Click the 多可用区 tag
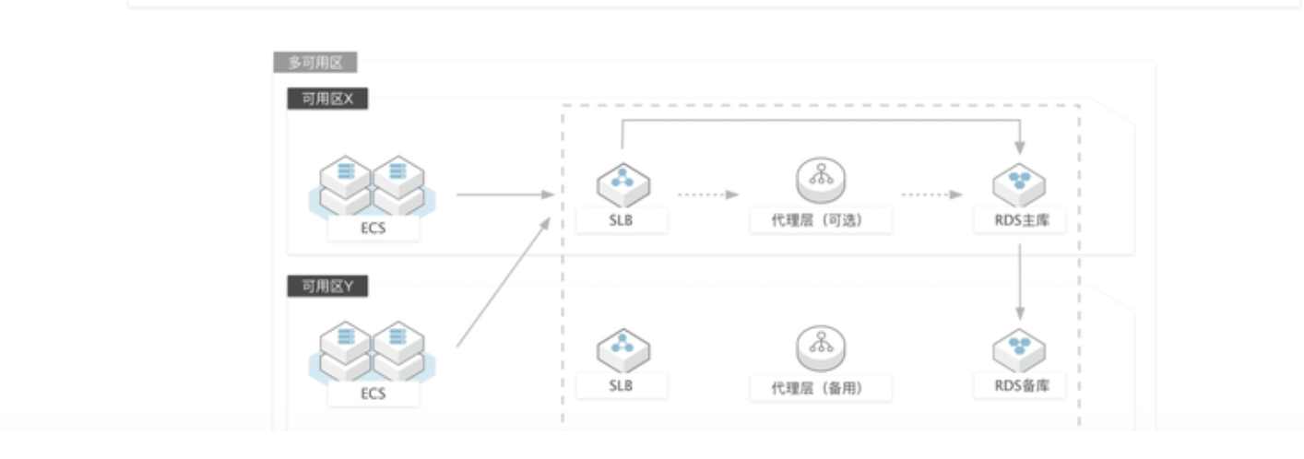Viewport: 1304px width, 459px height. pyautogui.click(x=315, y=64)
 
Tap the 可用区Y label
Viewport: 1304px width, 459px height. pyautogui.click(x=327, y=287)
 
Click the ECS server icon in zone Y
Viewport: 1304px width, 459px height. pyautogui.click(x=373, y=350)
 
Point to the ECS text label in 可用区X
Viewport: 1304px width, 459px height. pyautogui.click(x=373, y=229)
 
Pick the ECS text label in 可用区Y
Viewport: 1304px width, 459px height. pyautogui.click(x=373, y=394)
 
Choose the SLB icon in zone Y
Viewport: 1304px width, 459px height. pyautogui.click(x=622, y=349)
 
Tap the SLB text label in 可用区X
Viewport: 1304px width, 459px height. pyautogui.click(x=622, y=220)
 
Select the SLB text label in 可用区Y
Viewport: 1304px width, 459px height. pyautogui.click(x=622, y=386)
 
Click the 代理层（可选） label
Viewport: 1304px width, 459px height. pyautogui.click(x=821, y=221)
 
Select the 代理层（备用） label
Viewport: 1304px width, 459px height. pyautogui.click(x=821, y=388)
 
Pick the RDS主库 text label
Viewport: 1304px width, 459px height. pyautogui.click(x=1019, y=221)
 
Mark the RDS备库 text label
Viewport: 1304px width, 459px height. pyautogui.click(x=1019, y=386)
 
